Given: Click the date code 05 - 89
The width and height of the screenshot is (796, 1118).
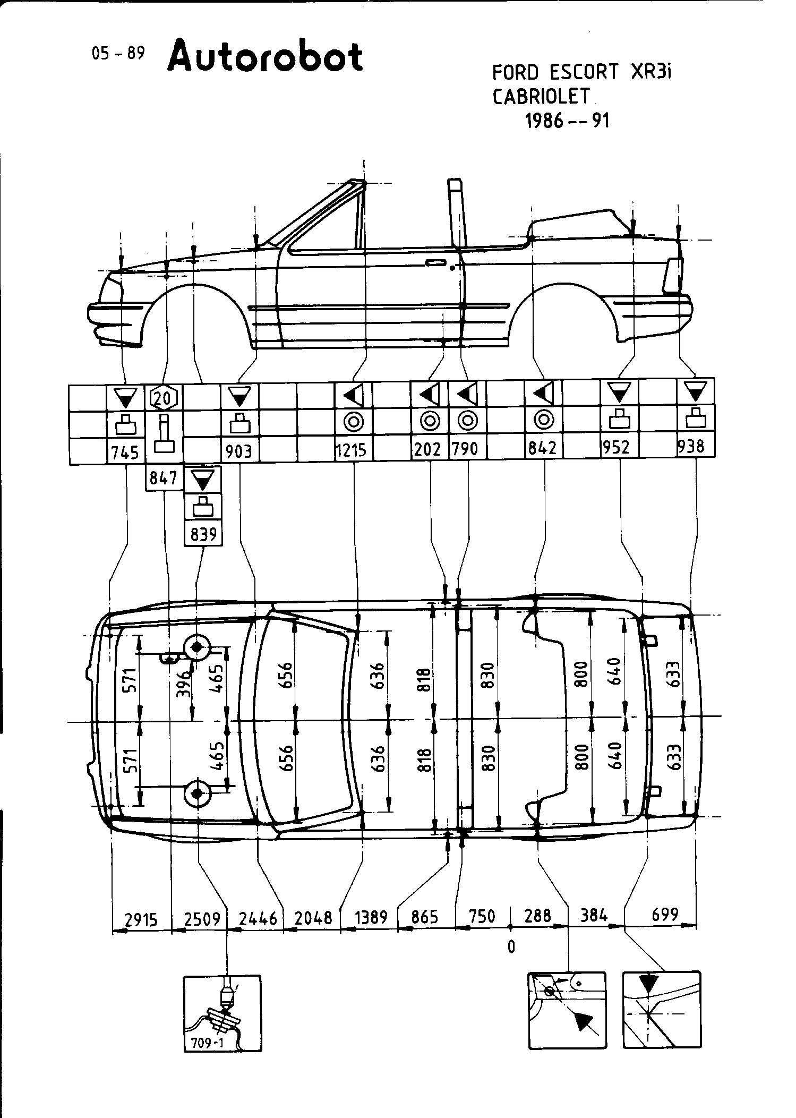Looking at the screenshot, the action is pyautogui.click(x=118, y=54).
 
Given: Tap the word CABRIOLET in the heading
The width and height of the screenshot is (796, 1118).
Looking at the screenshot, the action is pyautogui.click(x=541, y=96).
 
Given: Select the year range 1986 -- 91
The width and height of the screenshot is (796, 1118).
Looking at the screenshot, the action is pyautogui.click(x=567, y=121).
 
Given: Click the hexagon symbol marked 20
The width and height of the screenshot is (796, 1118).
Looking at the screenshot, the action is pyautogui.click(x=165, y=396).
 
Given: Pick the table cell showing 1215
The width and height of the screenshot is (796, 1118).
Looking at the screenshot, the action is pyautogui.click(x=352, y=450).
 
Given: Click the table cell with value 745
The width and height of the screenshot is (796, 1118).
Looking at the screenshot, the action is pyautogui.click(x=125, y=453).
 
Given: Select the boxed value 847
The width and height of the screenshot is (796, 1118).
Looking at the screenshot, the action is pyautogui.click(x=164, y=479).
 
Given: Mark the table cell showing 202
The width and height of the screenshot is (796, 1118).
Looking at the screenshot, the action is pyautogui.click(x=429, y=450).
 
